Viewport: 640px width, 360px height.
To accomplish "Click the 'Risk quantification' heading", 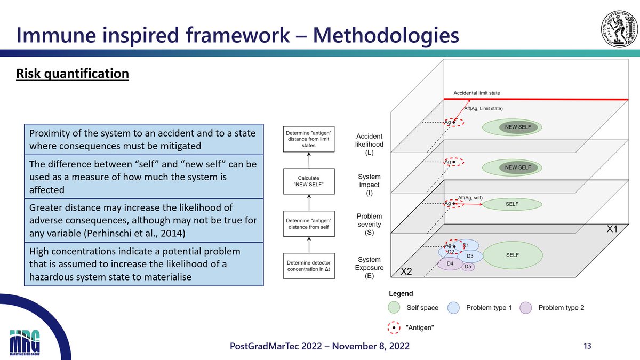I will coord(73,73).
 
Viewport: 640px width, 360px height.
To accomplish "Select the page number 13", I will coord(587,346).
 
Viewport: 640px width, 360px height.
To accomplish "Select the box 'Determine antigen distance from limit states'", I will coord(308,138).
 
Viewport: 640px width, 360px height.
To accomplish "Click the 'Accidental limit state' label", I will coord(476,93).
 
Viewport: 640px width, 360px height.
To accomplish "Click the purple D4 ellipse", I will coord(450,263).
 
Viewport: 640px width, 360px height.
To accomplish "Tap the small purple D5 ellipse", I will coord(468,267).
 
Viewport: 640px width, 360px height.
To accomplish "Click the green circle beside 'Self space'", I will coord(394,308).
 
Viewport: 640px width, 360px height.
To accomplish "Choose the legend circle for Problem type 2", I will coord(526,308).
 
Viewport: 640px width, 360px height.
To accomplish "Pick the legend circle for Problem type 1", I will coord(453,308).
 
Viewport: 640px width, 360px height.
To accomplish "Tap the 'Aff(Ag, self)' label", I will coord(470,198).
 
